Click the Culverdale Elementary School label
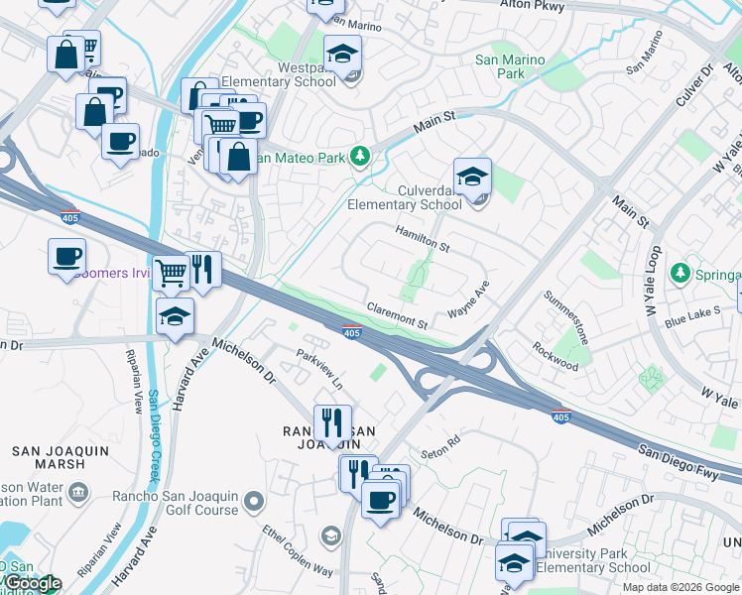point(404,196)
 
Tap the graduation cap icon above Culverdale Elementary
point(472,177)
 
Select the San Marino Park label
point(510,66)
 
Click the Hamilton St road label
point(423,237)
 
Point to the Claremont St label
point(397,316)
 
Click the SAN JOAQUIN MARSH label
point(60,458)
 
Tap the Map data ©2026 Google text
point(680,587)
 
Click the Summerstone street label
point(566,317)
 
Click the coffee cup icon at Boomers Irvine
point(66,257)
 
